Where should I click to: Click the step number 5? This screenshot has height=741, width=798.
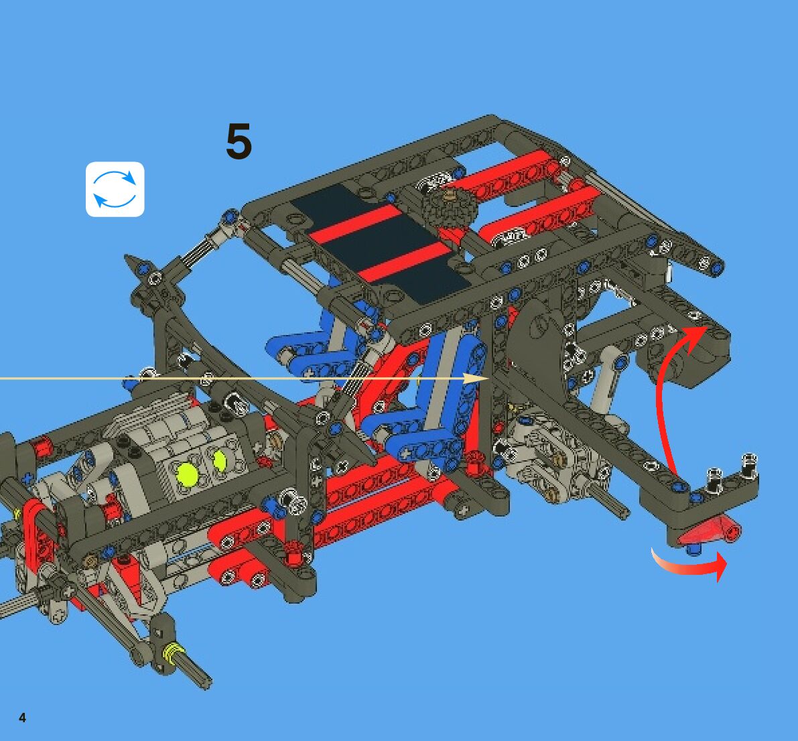(x=239, y=142)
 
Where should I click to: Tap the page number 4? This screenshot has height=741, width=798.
(x=22, y=718)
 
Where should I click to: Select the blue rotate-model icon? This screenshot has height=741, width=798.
(x=115, y=189)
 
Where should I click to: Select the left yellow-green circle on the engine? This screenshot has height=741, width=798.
(x=188, y=474)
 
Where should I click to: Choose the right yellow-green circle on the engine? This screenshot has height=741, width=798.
(x=220, y=461)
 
